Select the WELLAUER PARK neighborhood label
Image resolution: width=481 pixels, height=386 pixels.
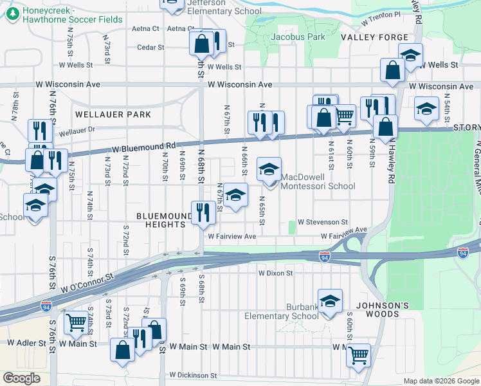[113, 115]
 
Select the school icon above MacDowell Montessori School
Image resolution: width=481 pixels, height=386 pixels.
[269, 170]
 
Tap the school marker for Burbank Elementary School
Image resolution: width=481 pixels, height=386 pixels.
[330, 301]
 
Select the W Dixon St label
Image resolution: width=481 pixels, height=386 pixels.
[275, 273]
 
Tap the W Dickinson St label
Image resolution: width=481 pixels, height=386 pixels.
[194, 375]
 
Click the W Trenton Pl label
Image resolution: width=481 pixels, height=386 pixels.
[381, 14]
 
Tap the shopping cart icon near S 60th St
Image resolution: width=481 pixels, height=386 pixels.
[358, 353]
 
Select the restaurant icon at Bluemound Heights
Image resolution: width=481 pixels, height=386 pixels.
[203, 213]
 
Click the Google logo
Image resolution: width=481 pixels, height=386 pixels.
[21, 378]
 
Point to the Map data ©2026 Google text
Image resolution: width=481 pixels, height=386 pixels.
[440, 381]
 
